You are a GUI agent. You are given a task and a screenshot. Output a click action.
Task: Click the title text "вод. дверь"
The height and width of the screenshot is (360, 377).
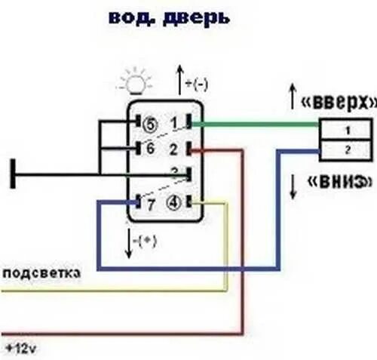click(169, 17)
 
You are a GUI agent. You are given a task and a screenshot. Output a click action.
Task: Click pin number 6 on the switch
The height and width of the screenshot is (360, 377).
click(149, 148)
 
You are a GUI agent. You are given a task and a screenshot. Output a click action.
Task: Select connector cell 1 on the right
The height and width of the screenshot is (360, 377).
click(347, 130)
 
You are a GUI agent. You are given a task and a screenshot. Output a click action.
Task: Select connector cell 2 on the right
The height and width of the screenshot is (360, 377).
click(347, 150)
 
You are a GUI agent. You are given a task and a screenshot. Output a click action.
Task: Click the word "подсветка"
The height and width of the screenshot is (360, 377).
click(42, 273)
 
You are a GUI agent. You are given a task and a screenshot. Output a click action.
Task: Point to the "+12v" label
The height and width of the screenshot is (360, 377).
click(20, 349)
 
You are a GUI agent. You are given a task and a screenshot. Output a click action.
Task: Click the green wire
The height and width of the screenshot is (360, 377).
click(256, 125)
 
